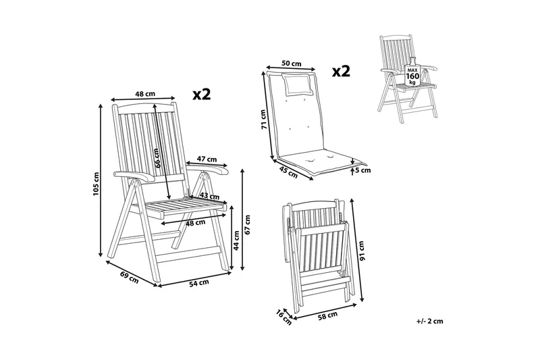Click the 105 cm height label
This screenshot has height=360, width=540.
pyautogui.click(x=96, y=184)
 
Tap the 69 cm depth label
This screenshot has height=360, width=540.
pyautogui.click(x=130, y=278)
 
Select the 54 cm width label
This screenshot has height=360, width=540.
pyautogui.click(x=198, y=283)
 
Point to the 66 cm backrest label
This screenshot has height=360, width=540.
pyautogui.click(x=157, y=158)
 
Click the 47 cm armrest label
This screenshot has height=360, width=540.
pyautogui.click(x=207, y=159)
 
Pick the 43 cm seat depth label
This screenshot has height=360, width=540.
pyautogui.click(x=209, y=196)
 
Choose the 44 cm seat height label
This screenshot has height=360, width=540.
pyautogui.click(x=236, y=240)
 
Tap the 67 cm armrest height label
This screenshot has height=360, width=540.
pyautogui.click(x=247, y=225)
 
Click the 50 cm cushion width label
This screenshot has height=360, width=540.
pyautogui.click(x=292, y=63)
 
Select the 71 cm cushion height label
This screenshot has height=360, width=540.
pyautogui.click(x=263, y=119)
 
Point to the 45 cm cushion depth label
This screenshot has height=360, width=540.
pyautogui.click(x=288, y=173)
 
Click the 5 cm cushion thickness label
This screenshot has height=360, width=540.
pyautogui.click(x=363, y=170)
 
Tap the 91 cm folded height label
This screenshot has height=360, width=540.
pyautogui.click(x=360, y=251)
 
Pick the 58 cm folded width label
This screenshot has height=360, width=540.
pyautogui.click(x=327, y=316)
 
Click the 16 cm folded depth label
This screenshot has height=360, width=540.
pyautogui.click(x=283, y=317)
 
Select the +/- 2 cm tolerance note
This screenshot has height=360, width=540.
pyautogui.click(x=429, y=322)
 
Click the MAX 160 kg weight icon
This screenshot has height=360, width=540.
pyautogui.click(x=412, y=72)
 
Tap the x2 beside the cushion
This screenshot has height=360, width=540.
pyautogui.click(x=341, y=72)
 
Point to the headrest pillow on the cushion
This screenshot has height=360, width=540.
pyautogui.click(x=298, y=84)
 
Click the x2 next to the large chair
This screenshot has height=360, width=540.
pyautogui.click(x=201, y=95)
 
